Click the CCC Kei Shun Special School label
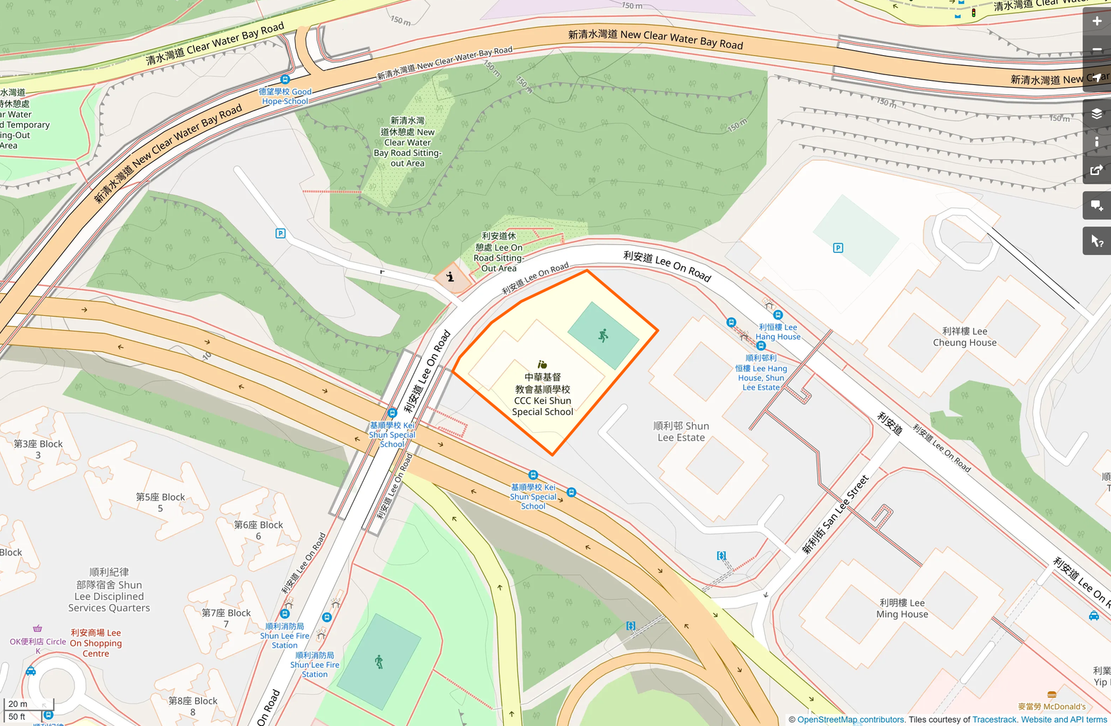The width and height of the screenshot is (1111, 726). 543,395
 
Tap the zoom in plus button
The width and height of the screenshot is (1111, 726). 1096,21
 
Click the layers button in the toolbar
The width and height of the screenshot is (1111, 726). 1096,113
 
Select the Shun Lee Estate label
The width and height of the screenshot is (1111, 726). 681,431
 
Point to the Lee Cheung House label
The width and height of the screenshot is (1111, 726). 965,337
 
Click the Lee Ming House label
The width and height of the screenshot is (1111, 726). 902,608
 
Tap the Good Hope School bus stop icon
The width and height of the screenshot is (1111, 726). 285,79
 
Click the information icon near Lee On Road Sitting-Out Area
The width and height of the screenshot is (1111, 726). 450,277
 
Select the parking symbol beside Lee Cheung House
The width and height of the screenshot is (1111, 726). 838,248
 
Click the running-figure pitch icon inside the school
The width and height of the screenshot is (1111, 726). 603,336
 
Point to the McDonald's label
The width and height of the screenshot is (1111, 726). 1052,706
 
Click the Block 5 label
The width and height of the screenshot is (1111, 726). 161,502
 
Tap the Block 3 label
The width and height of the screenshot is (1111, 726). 38,449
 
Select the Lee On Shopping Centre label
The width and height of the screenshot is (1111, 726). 96,643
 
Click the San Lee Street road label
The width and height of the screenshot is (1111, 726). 835,515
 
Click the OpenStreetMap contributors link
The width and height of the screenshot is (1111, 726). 851,720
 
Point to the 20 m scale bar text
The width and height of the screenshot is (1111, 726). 18,704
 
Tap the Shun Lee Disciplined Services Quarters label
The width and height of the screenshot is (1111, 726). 109,590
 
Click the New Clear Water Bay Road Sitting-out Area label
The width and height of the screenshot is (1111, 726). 408,142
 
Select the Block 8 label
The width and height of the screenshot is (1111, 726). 192,706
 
